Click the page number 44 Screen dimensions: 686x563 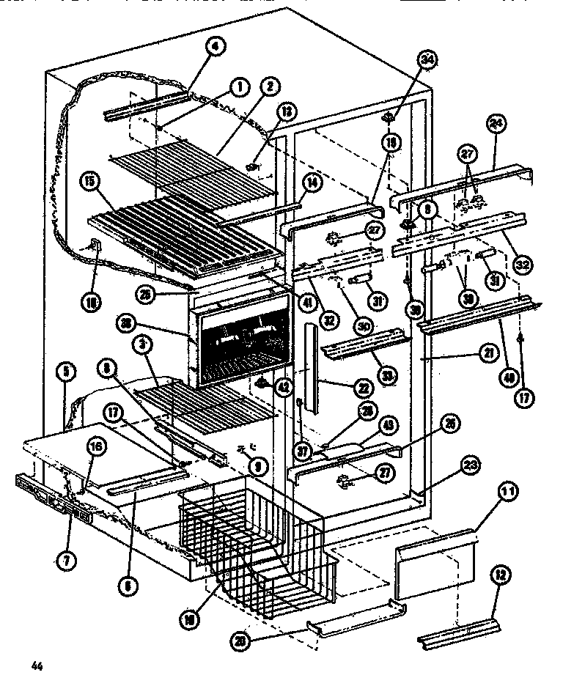[x=34, y=666]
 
